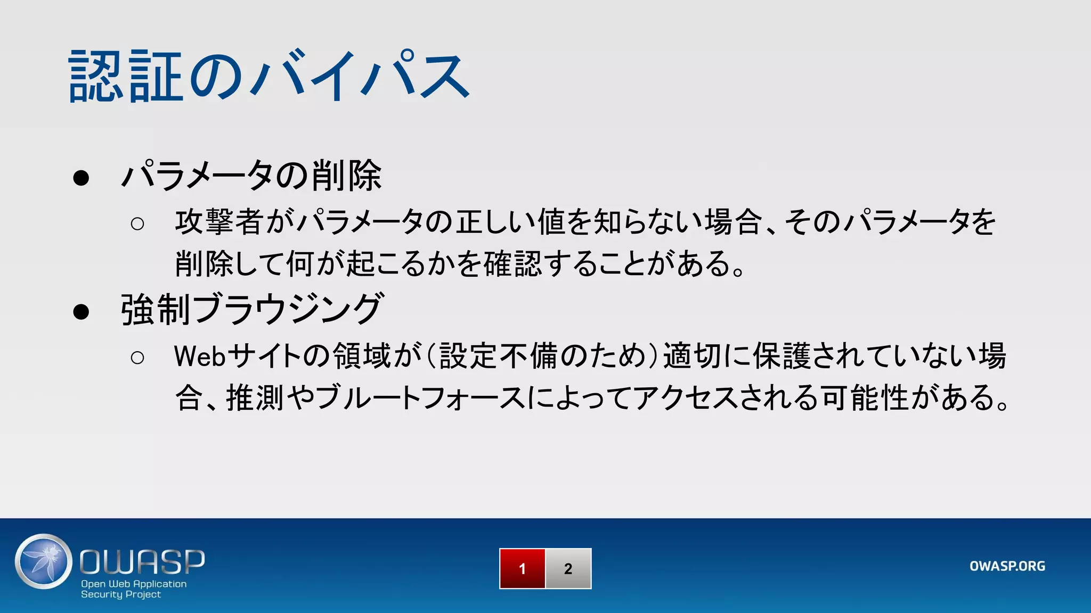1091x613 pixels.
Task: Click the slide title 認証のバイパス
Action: coord(269,76)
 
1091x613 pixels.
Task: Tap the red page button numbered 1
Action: coord(522,568)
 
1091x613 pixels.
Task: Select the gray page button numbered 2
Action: coord(568,568)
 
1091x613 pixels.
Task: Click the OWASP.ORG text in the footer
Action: coord(1007,566)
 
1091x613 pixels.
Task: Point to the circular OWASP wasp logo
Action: coord(44,561)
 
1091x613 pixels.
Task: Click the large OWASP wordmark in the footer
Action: coord(142,562)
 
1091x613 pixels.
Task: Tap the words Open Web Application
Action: coord(134,584)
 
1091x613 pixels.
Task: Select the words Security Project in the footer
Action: coord(121,594)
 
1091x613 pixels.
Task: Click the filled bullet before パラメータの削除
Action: coord(81,178)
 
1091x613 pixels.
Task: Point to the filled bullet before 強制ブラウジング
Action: coord(81,311)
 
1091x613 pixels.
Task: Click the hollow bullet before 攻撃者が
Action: coord(137,223)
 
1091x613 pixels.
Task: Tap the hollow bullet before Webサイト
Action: coord(137,358)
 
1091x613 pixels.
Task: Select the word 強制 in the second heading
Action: coord(156,309)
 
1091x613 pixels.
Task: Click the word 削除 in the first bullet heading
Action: coord(347,176)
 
